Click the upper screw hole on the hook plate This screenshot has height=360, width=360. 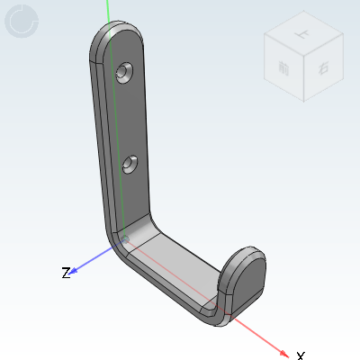[x=125, y=70]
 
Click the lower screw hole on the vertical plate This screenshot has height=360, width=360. [x=130, y=164]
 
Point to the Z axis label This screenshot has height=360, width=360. [x=66, y=272]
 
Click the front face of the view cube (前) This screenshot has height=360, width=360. [x=284, y=69]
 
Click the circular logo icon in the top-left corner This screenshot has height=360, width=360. [x=22, y=22]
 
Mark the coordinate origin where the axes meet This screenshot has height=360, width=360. [x=124, y=238]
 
